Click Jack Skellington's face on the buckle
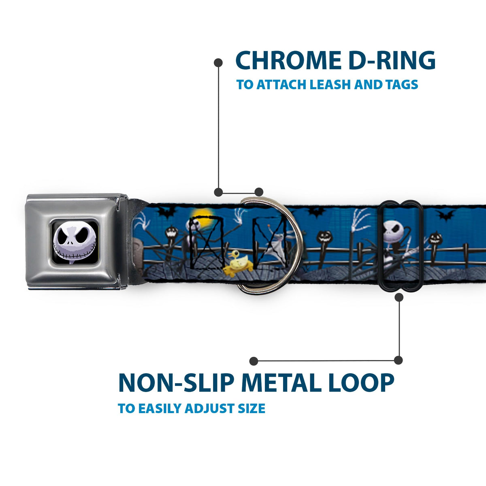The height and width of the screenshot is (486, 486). [x=75, y=242]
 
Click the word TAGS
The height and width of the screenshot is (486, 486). [x=401, y=85]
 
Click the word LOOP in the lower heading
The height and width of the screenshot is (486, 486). [x=361, y=383]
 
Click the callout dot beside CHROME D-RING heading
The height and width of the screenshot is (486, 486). [x=218, y=62]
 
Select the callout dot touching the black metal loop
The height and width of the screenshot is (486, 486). [x=399, y=297]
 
